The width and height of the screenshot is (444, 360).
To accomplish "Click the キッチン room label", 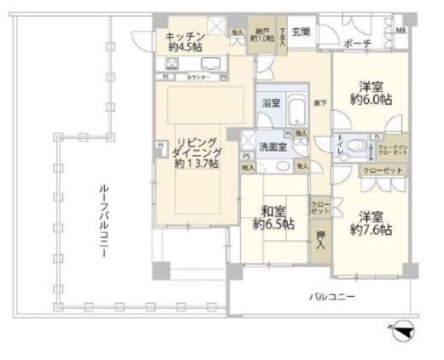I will pos(185,41).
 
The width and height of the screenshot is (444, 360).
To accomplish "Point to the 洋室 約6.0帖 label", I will pos(369,93).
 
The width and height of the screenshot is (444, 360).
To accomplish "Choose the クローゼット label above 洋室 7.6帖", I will pos(377,171).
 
